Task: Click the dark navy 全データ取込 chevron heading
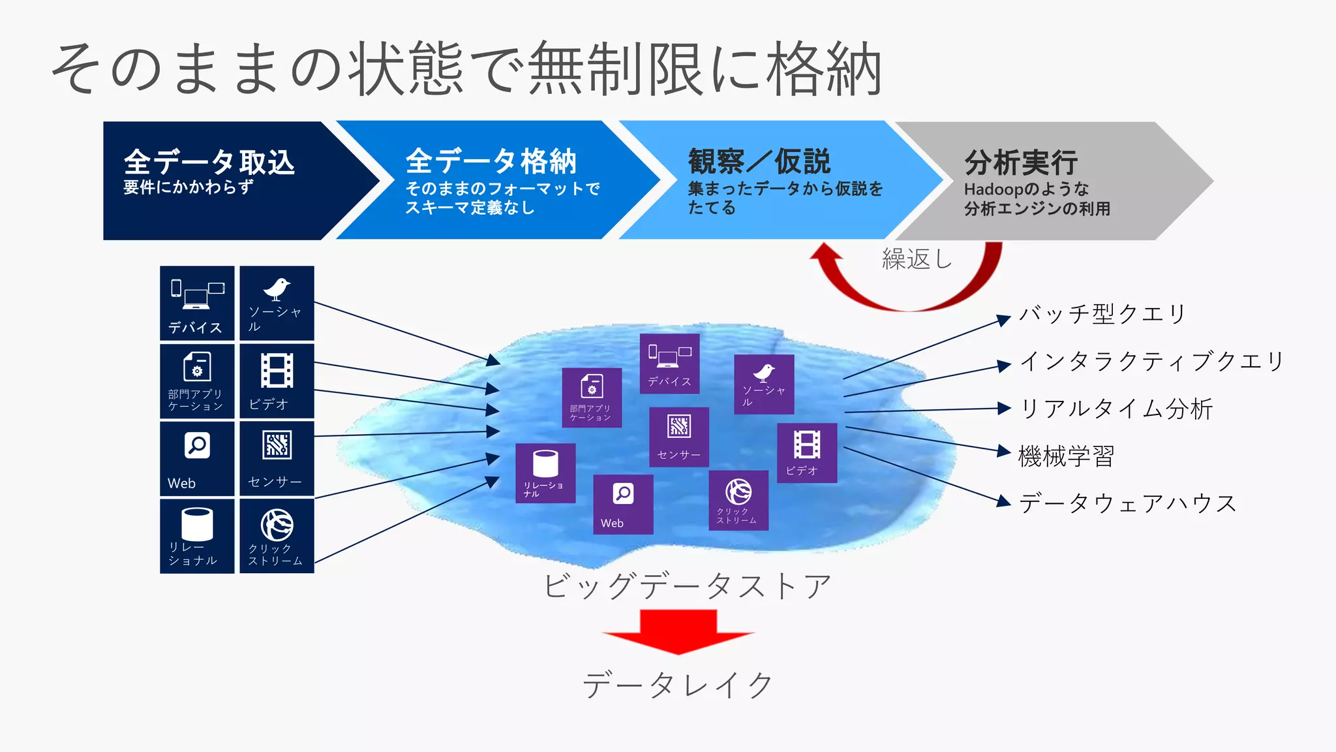click(x=209, y=162)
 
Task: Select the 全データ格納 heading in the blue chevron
click(x=491, y=161)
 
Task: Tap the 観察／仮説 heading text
click(x=759, y=161)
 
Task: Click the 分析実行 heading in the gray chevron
click(x=1021, y=163)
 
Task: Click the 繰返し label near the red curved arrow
click(x=917, y=259)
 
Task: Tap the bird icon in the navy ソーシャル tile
click(x=277, y=289)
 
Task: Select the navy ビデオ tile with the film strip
click(x=277, y=381)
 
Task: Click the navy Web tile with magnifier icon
click(x=197, y=458)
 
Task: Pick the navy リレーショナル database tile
click(x=197, y=536)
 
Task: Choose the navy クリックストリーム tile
click(x=277, y=536)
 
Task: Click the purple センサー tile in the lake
click(x=678, y=437)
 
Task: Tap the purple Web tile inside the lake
click(x=623, y=504)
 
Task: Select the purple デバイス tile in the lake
click(x=669, y=364)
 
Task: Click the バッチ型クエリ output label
click(x=1102, y=314)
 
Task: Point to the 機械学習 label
click(x=1067, y=456)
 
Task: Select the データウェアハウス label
click(x=1128, y=503)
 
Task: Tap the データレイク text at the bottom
click(x=678, y=685)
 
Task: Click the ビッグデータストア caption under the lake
click(x=687, y=586)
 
